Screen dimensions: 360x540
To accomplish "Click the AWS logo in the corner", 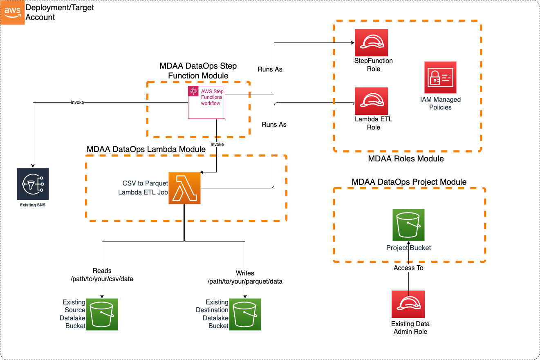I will coord(12,12).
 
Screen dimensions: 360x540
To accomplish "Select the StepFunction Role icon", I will coord(371,43).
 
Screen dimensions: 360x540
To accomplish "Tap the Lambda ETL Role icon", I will coord(371,101).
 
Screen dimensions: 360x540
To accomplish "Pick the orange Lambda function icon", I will coord(184,188).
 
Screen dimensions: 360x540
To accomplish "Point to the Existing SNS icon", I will coord(33,184).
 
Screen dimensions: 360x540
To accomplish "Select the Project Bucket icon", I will coord(408,225).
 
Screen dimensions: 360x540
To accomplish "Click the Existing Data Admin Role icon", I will coord(408,304).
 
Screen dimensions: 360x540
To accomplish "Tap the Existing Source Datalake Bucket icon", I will coord(102,314).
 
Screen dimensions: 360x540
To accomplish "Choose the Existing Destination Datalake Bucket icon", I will coord(245,314).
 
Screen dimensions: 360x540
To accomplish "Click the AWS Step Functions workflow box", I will coord(206,102).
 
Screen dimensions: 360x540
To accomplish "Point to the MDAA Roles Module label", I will coord(406,159).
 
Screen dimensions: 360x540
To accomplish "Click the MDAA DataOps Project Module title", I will coord(409,182).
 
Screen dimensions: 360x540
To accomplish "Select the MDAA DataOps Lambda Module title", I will coord(146,150).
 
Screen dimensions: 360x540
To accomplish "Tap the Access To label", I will coord(408,268).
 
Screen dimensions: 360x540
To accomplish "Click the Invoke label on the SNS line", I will coord(77,102).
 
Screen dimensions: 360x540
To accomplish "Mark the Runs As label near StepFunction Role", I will coord(270,69).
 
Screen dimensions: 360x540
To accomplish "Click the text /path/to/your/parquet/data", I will coord(245,282).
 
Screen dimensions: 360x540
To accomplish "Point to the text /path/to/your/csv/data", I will coord(102,279).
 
